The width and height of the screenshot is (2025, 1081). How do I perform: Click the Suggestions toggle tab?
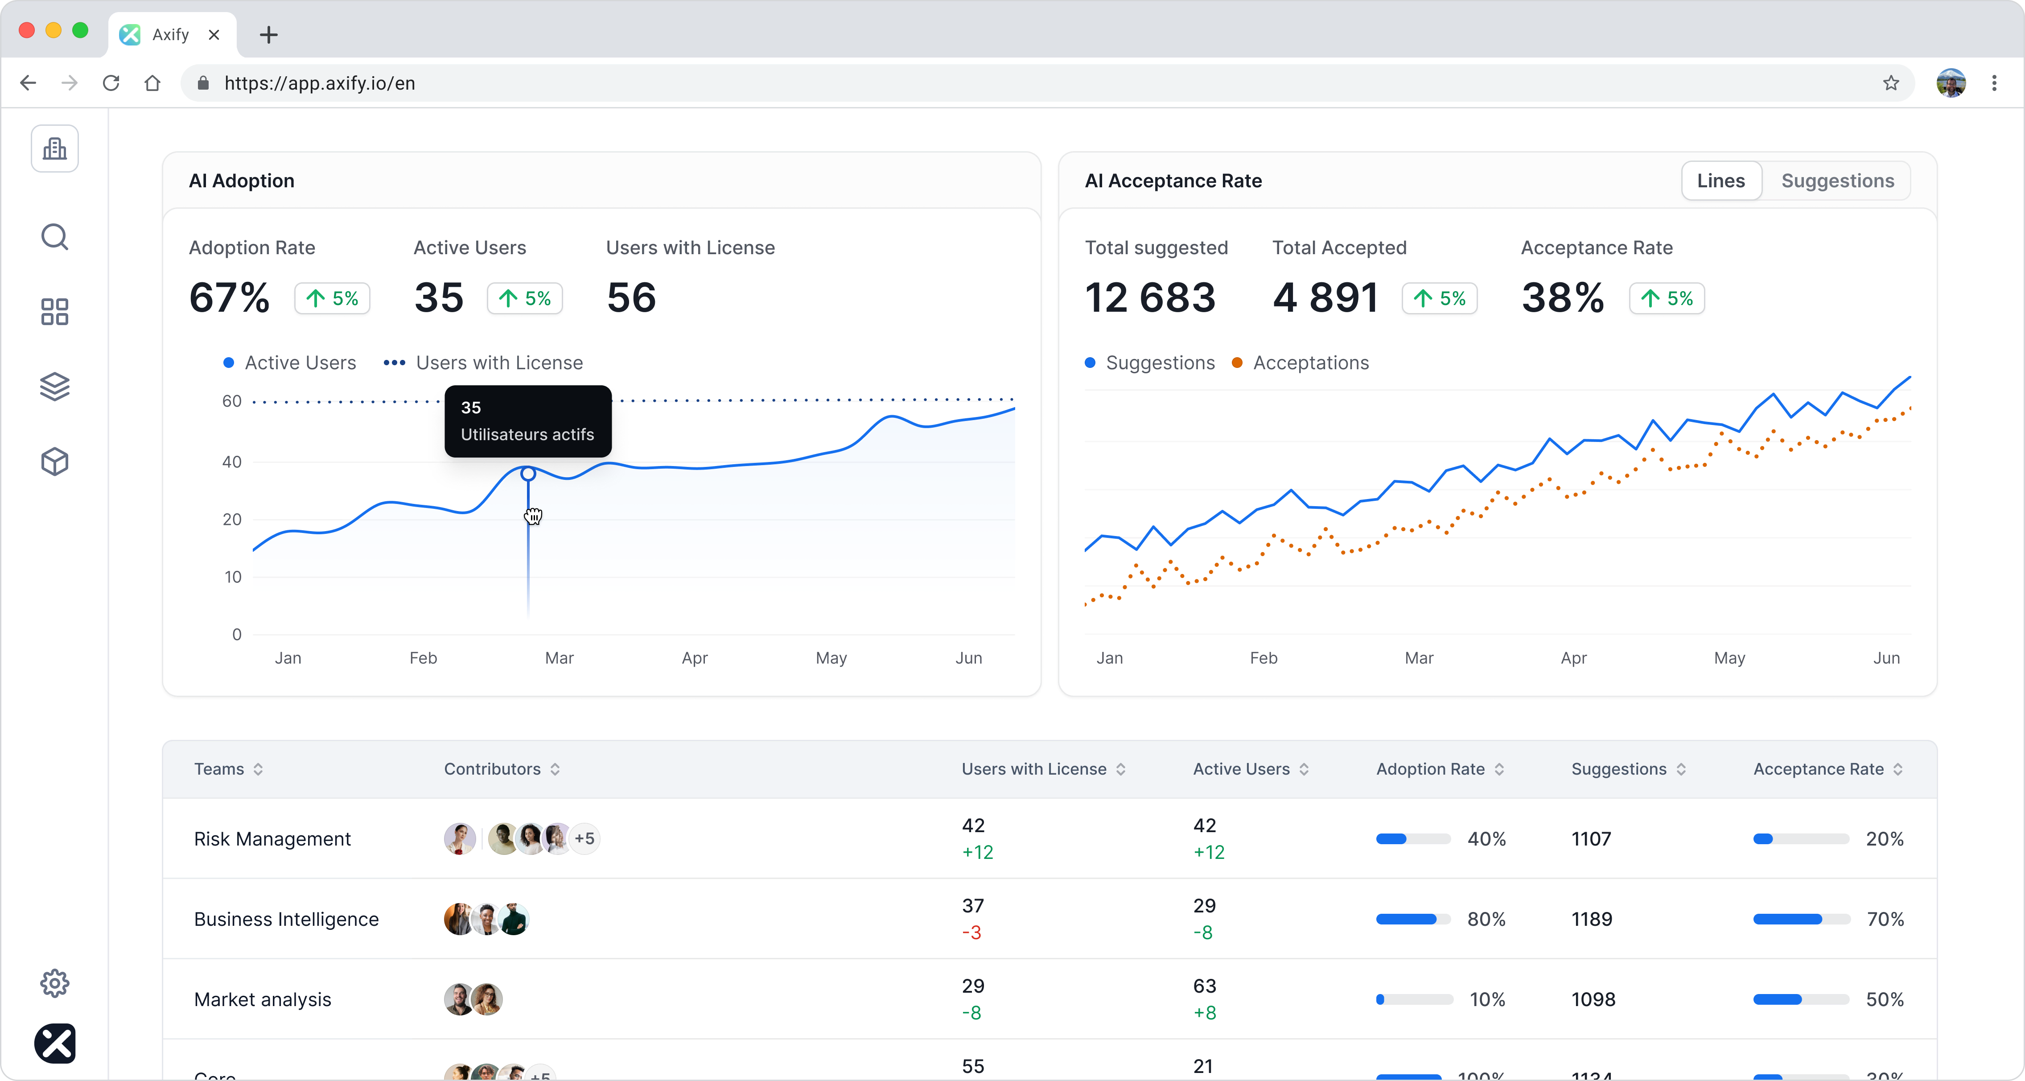pos(1837,181)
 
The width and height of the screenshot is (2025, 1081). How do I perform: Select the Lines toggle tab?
pos(1721,181)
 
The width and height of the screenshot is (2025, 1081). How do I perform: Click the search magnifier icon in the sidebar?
pos(54,237)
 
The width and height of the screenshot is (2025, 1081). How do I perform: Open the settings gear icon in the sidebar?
pos(54,983)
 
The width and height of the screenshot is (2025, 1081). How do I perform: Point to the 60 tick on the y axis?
pos(232,401)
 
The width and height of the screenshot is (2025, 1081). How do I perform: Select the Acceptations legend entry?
pos(1310,363)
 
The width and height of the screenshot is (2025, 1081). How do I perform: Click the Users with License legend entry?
pos(498,363)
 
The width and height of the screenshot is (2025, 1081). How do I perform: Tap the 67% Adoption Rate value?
pos(230,298)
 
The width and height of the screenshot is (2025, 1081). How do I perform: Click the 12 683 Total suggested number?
pos(1150,298)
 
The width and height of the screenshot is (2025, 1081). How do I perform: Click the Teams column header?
pos(219,769)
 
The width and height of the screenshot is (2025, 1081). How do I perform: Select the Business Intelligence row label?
pos(286,919)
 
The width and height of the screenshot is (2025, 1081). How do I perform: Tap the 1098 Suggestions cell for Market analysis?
pos(1593,999)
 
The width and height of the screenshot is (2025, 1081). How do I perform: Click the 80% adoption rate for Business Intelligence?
pos(1486,919)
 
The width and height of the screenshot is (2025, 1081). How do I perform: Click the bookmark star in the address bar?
pos(1890,83)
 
